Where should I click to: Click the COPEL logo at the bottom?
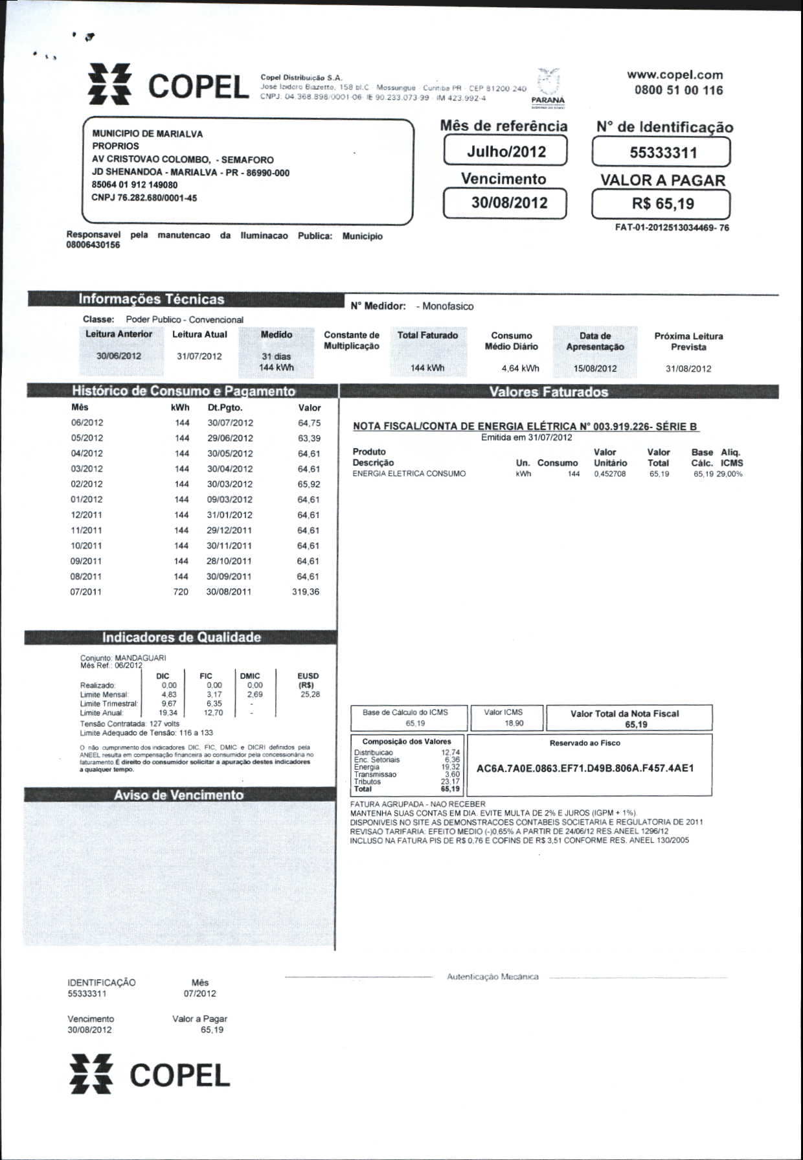[150, 1076]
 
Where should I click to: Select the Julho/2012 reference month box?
[506, 152]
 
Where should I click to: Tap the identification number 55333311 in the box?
[662, 153]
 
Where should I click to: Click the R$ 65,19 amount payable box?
[662, 204]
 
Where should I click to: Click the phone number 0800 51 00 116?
[678, 91]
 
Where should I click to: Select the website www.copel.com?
[675, 75]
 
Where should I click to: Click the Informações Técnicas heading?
[151, 299]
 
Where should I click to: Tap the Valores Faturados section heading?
[549, 392]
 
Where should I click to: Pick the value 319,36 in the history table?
[306, 592]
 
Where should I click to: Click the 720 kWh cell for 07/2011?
[181, 592]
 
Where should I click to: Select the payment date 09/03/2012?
[229, 499]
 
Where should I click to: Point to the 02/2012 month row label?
[87, 484]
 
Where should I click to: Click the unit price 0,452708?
[609, 474]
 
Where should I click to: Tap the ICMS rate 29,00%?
[730, 474]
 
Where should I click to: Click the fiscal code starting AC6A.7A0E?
[585, 768]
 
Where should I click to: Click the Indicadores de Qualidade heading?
[181, 637]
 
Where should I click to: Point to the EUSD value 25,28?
[310, 694]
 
